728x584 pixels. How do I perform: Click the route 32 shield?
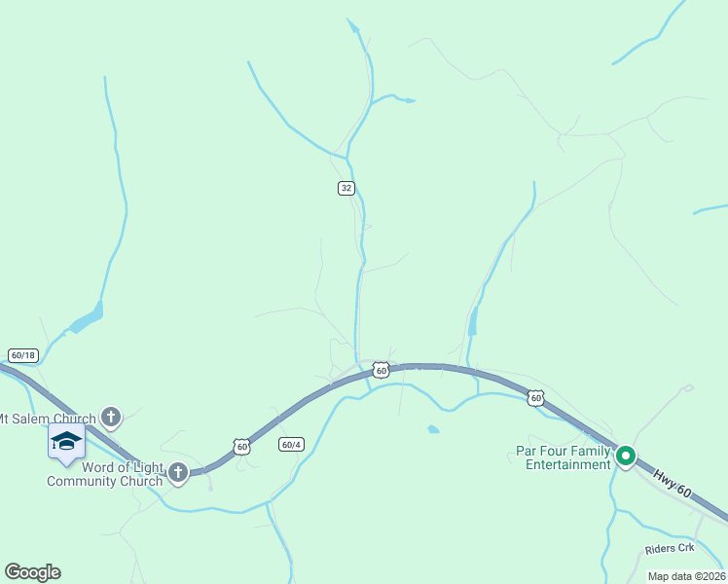tap(346, 188)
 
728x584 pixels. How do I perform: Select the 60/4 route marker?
tap(290, 444)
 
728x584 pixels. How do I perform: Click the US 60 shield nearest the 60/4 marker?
tap(241, 446)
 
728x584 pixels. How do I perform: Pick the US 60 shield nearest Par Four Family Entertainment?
tap(535, 397)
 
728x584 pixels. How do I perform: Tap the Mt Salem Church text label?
tap(47, 420)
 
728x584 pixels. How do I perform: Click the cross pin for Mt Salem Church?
tap(111, 418)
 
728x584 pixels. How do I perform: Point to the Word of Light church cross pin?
tap(177, 473)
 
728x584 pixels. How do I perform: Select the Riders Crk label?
tap(670, 549)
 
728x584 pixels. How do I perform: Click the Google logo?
tap(32, 572)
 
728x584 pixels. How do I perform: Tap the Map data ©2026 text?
tap(686, 576)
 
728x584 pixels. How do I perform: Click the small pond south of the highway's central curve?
tap(433, 428)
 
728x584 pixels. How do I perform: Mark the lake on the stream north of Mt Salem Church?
tap(88, 318)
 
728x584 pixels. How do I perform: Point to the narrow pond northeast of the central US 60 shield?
tap(473, 322)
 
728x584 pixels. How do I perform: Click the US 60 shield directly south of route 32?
tap(381, 370)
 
